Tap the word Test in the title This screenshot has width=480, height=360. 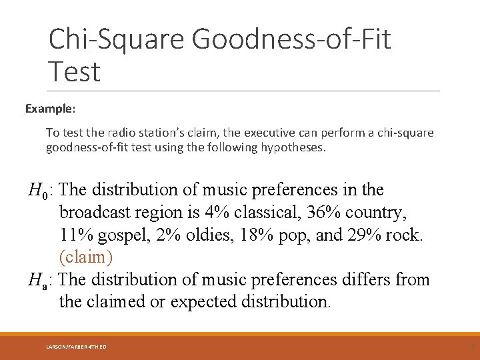(x=74, y=71)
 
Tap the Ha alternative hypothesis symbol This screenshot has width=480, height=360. (x=37, y=280)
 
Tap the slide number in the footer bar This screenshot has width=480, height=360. (x=473, y=347)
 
